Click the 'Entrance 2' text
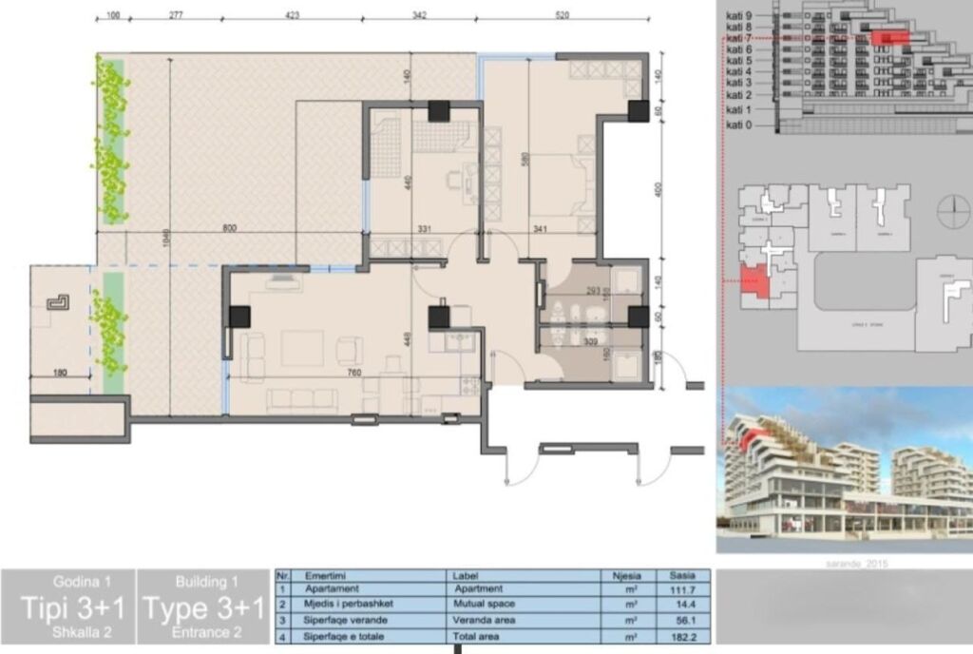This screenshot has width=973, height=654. coord(206,631)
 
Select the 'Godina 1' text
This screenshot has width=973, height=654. coord(68,581)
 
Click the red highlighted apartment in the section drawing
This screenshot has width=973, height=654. coord(889,37)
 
